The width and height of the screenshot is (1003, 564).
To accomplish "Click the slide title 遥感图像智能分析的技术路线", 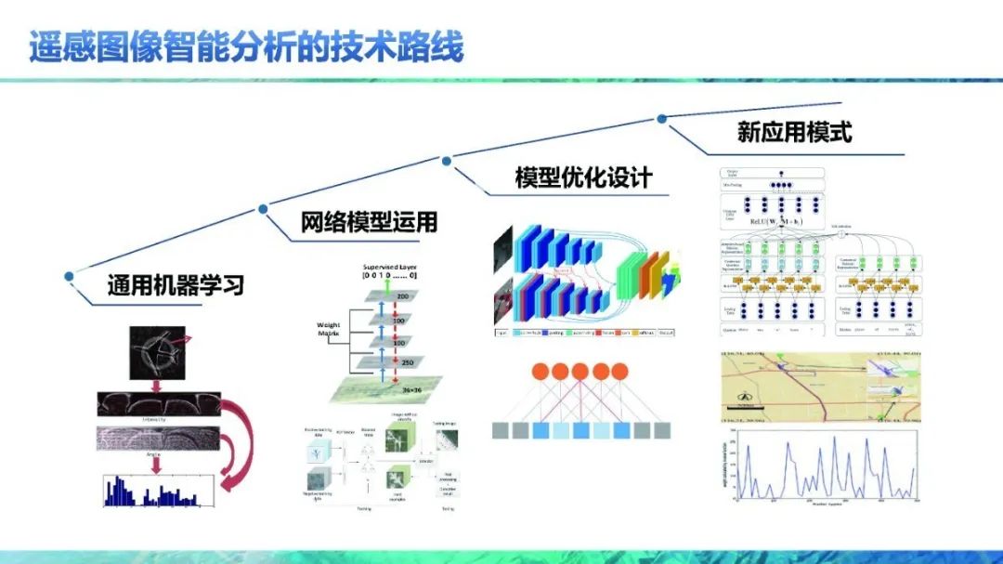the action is (x=245, y=47).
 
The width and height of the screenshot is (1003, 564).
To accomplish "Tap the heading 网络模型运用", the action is (x=369, y=222).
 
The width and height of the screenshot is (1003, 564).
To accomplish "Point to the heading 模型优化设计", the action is (x=583, y=177).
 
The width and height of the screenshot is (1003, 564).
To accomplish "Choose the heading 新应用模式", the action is (x=794, y=132).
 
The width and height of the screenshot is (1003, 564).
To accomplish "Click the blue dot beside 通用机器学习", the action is (x=69, y=275).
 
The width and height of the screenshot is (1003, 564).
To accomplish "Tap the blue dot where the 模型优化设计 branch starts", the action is (x=447, y=161).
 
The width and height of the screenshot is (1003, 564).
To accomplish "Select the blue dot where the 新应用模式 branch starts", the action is (x=661, y=118).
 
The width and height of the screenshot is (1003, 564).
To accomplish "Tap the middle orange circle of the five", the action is (x=580, y=372).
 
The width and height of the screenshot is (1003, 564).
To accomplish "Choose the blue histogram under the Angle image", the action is (x=158, y=491).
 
